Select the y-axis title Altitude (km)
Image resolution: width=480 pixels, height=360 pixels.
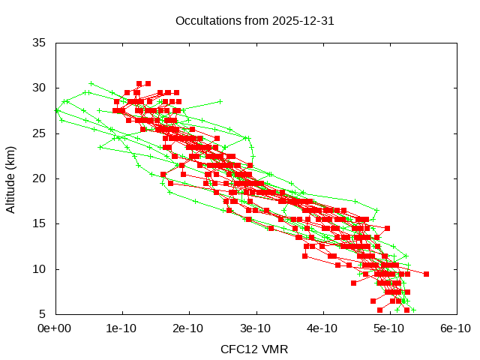click(11, 178)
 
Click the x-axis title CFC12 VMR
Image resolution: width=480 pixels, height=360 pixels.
click(254, 349)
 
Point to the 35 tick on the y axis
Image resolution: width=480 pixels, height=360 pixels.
click(40, 43)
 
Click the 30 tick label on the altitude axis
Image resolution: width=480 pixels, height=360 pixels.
click(40, 88)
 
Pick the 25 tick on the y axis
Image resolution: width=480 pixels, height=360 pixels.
click(40, 133)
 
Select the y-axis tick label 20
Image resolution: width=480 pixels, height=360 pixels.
click(40, 178)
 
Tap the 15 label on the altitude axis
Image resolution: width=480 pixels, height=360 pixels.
click(40, 223)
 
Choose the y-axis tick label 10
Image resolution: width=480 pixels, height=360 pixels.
click(40, 269)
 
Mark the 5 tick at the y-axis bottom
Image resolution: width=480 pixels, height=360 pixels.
click(43, 314)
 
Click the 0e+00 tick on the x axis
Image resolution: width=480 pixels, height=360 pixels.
click(55, 328)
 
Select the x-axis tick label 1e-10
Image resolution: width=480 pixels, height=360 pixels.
click(121, 328)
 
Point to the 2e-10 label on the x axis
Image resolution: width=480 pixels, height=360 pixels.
click(189, 328)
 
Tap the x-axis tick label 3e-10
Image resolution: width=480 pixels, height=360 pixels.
click(256, 328)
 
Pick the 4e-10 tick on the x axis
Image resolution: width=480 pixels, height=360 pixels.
click(323, 328)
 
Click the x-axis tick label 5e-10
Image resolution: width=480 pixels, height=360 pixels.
click(390, 328)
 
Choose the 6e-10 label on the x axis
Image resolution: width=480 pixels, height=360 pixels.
click(456, 328)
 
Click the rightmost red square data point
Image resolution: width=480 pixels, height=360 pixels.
click(426, 274)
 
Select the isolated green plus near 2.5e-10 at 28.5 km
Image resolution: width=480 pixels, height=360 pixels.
click(220, 101)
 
